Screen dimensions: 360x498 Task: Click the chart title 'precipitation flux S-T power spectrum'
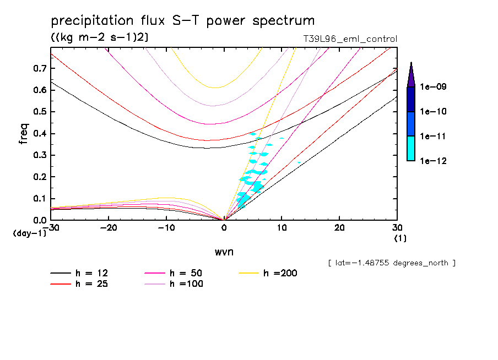[x=182, y=21]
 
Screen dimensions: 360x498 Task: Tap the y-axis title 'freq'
[x=23, y=134]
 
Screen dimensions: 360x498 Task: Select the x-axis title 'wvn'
[x=223, y=252]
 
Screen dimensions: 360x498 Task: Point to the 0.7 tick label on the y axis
[x=39, y=68]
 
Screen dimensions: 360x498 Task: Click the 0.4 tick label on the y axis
[x=39, y=134]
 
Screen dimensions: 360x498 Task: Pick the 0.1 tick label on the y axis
[x=39, y=199]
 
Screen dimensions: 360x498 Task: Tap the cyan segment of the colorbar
[x=410, y=148]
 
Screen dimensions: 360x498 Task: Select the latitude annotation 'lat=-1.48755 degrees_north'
[x=392, y=263]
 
